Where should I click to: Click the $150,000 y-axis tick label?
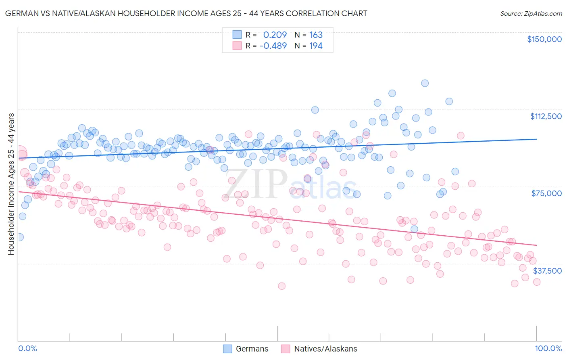click(544, 39)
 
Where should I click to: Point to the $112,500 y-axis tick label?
click(546, 116)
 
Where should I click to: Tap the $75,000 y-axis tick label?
click(546, 193)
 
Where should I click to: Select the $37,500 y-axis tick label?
click(547, 271)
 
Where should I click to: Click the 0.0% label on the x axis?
click(28, 348)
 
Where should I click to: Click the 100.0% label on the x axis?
click(548, 348)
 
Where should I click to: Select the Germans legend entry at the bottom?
click(246, 349)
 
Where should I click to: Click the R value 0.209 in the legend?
click(275, 35)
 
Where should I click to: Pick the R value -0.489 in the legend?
click(273, 46)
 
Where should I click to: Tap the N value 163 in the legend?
click(316, 35)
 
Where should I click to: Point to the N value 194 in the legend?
click(316, 46)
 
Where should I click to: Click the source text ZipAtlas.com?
click(531, 13)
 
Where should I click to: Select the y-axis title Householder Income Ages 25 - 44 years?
click(11, 184)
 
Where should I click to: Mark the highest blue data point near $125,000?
click(425, 83)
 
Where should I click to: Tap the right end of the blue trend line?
click(536, 139)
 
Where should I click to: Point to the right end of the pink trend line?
click(536, 245)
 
